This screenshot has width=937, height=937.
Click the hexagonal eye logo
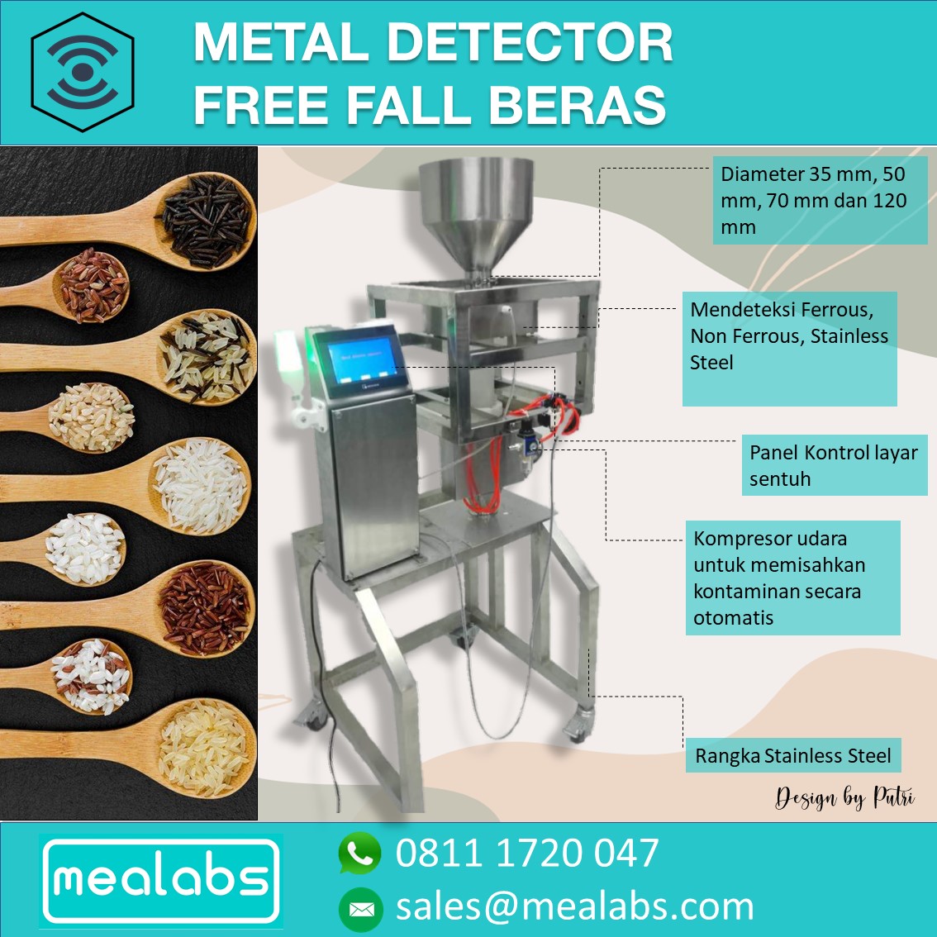(82, 72)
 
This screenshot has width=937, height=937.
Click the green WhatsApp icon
(359, 854)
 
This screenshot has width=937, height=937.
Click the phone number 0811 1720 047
(527, 854)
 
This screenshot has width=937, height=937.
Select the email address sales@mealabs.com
(575, 906)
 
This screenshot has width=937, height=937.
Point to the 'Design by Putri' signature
(844, 798)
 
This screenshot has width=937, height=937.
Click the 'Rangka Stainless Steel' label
(792, 756)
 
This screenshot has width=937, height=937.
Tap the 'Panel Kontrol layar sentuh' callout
(833, 465)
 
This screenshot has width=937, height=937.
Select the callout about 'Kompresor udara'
(792, 578)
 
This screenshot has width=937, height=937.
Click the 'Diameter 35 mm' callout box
(819, 201)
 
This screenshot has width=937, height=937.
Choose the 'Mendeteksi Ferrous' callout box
(789, 348)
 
